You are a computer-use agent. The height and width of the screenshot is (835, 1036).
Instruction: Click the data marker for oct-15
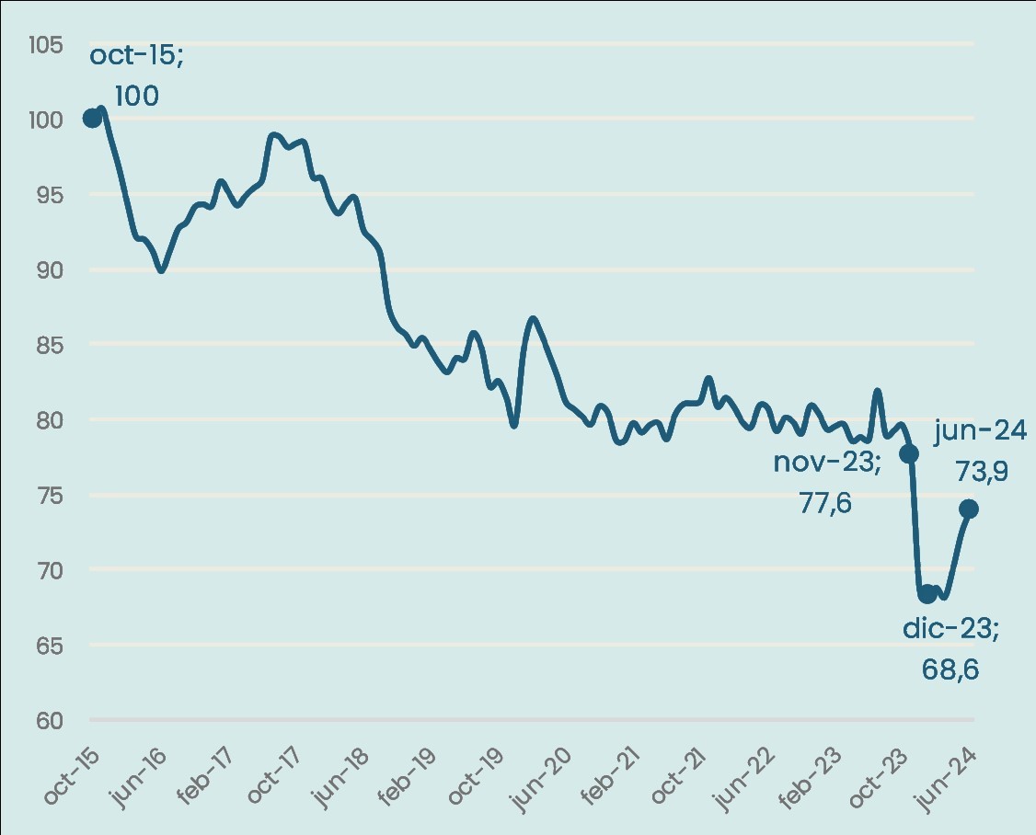tap(92, 118)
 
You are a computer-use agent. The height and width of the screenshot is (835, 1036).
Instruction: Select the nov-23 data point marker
tap(909, 453)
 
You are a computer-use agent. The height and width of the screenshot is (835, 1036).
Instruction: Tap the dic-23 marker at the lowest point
tap(927, 594)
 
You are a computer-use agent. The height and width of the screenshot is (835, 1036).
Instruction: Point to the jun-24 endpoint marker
tap(968, 509)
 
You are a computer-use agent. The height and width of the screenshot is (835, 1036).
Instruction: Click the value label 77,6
tap(824, 503)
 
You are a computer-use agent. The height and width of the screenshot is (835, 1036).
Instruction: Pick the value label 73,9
tap(982, 472)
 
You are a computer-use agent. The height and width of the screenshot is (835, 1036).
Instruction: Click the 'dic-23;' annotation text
tap(950, 630)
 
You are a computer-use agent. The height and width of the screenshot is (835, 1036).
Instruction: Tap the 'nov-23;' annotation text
tap(826, 462)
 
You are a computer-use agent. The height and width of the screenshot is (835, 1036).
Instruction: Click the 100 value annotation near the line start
tap(136, 96)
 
